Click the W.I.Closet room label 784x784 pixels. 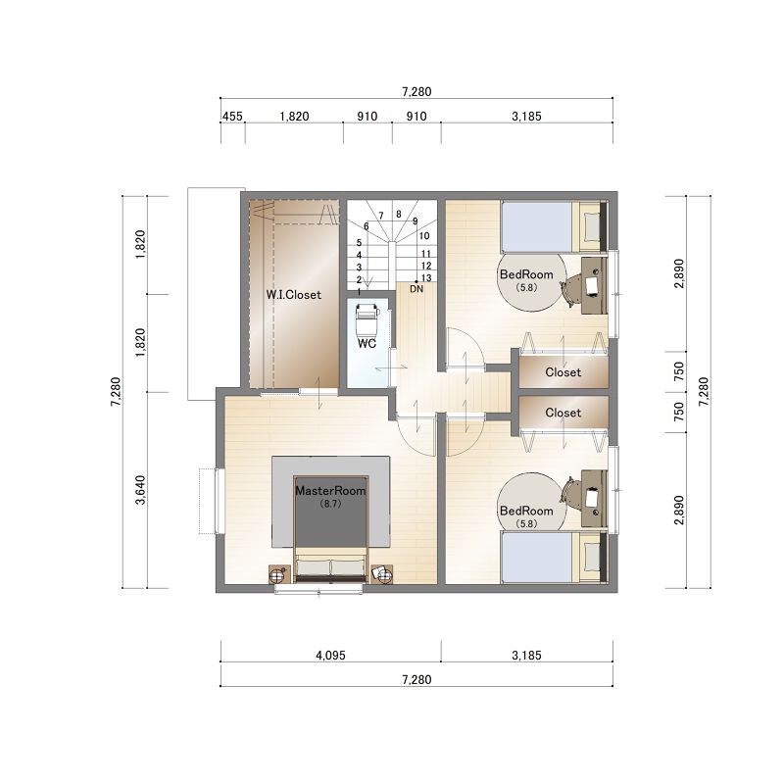click(293, 295)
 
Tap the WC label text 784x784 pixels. click(367, 344)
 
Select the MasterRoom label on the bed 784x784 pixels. click(330, 491)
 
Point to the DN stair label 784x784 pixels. click(416, 289)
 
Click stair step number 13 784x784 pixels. click(426, 278)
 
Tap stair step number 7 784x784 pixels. click(381, 216)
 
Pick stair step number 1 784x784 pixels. click(359, 291)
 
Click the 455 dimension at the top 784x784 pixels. click(232, 117)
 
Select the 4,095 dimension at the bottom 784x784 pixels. click(330, 655)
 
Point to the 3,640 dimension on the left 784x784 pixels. click(140, 490)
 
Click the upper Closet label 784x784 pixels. click(563, 372)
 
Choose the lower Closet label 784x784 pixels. click(563, 413)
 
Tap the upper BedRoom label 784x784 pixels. click(526, 274)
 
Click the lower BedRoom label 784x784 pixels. click(526, 511)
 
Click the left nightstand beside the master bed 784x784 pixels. click(280, 574)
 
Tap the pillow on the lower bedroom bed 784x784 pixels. click(592, 556)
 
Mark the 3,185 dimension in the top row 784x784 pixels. click(526, 117)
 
